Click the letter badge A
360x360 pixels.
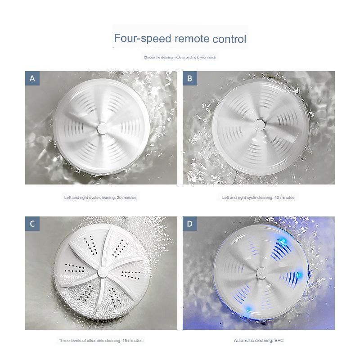[x=32, y=78]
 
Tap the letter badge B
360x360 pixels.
[x=190, y=78]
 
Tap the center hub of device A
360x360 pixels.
[x=101, y=128]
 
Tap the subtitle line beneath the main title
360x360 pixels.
[x=180, y=58]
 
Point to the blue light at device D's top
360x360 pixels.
[x=281, y=239]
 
